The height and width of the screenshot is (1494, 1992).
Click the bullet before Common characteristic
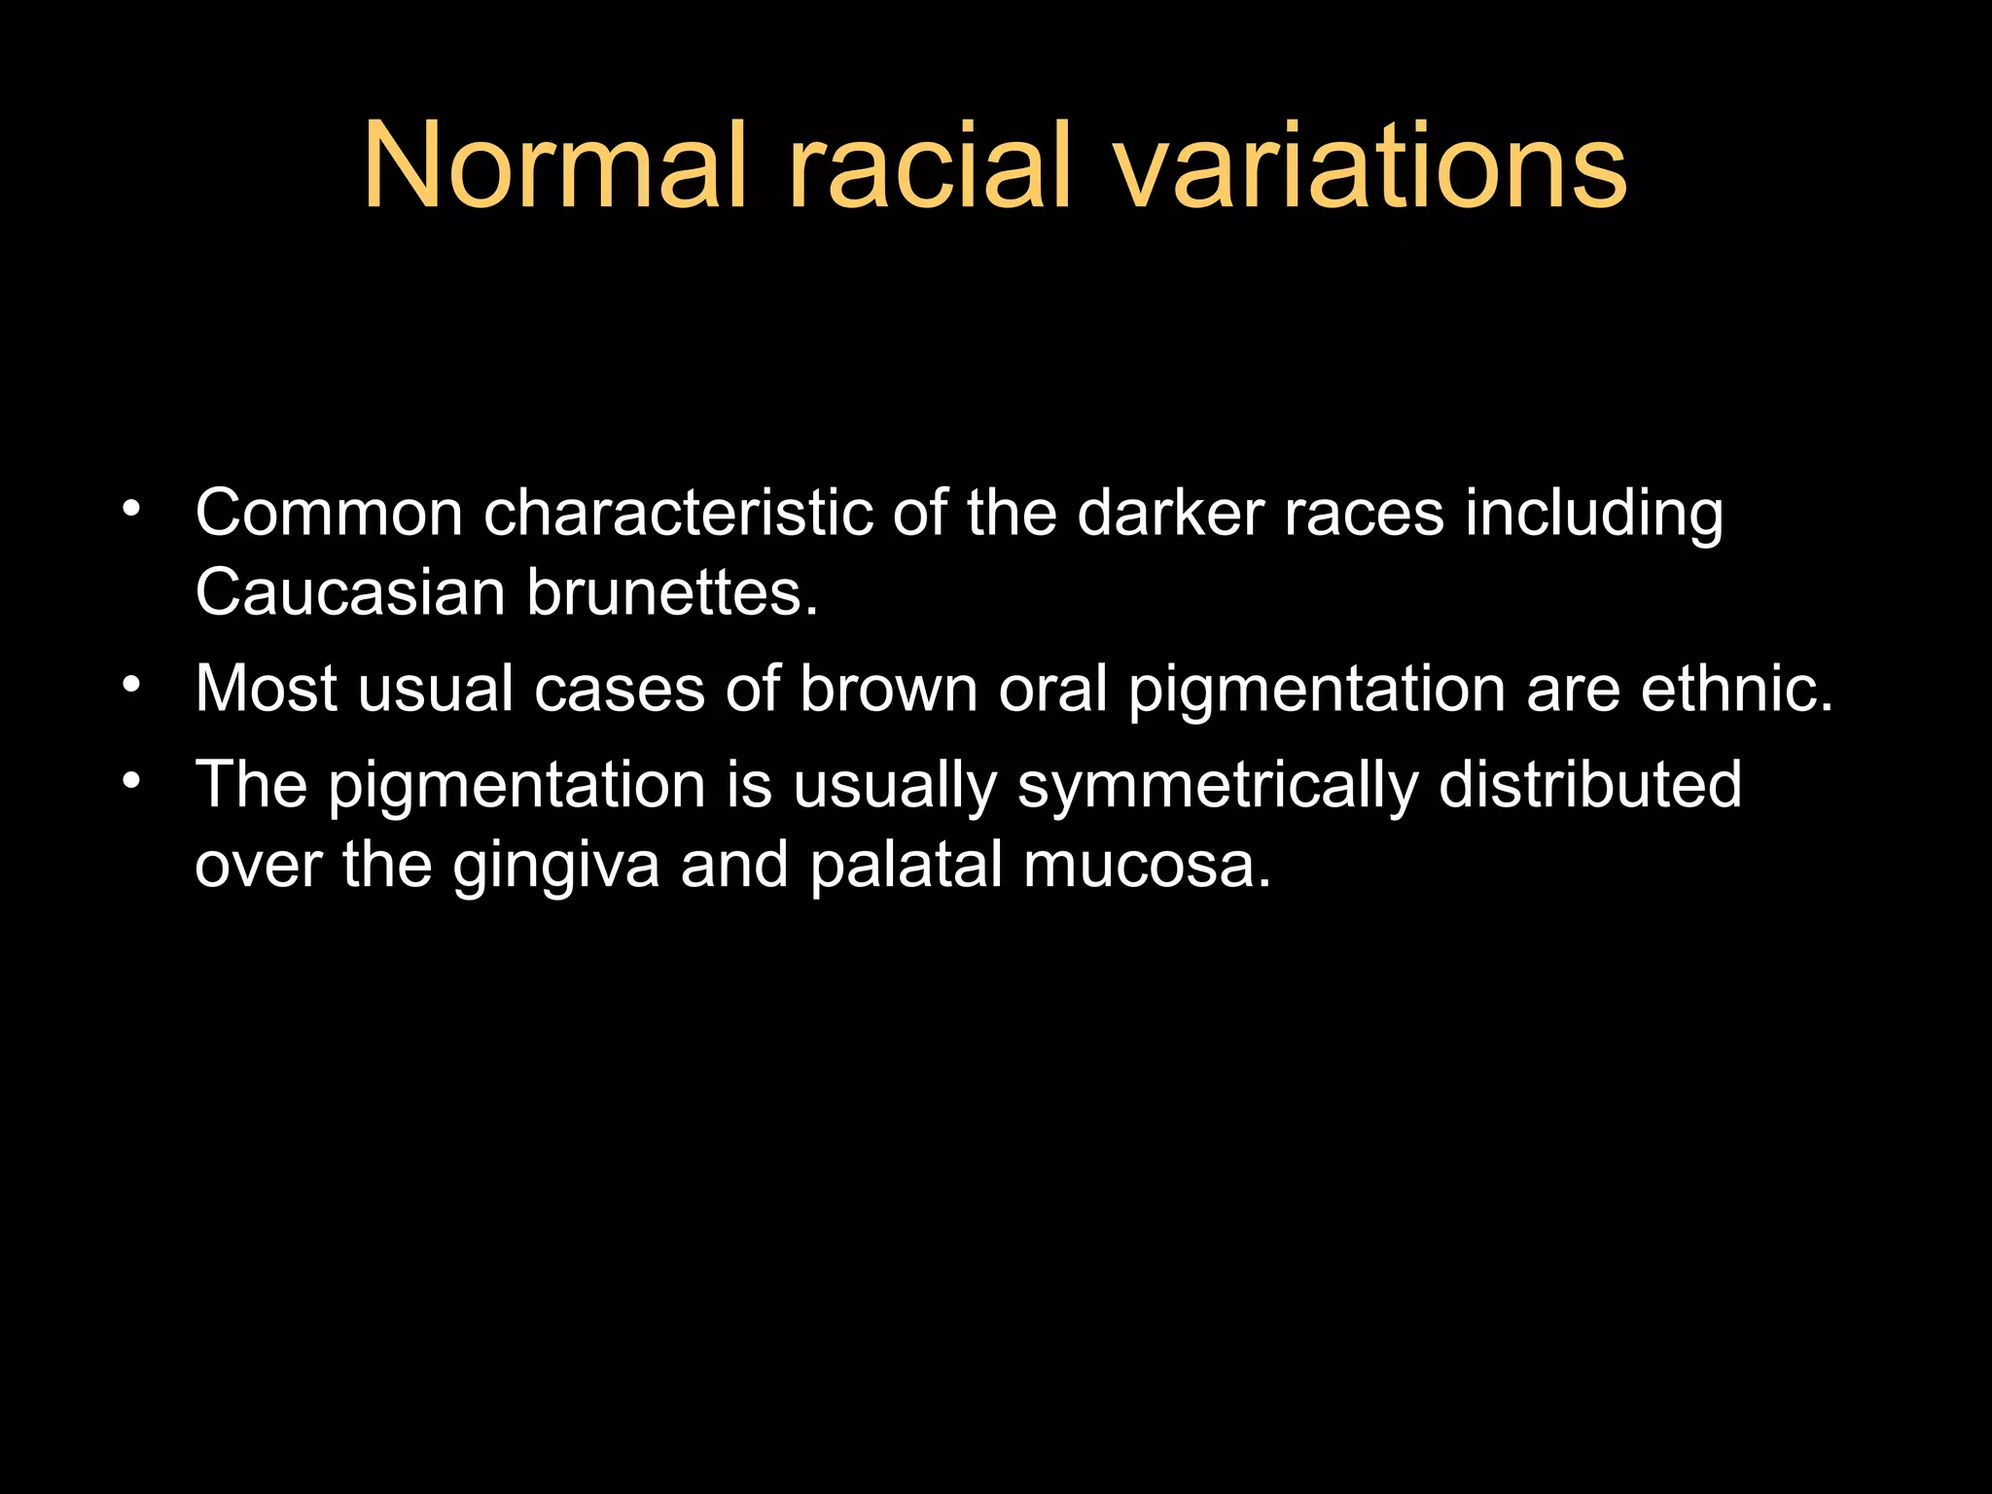(x=131, y=509)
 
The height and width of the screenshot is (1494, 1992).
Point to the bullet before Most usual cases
(x=131, y=685)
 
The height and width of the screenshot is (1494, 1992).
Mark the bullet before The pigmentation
(x=131, y=780)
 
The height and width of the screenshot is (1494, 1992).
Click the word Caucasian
(x=350, y=592)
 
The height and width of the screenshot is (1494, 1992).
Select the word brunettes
(x=672, y=592)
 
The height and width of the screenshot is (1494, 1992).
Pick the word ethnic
(x=1736, y=690)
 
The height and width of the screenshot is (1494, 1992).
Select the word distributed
(x=1589, y=785)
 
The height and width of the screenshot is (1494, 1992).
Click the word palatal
(x=906, y=865)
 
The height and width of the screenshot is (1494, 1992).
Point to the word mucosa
(x=1147, y=865)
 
